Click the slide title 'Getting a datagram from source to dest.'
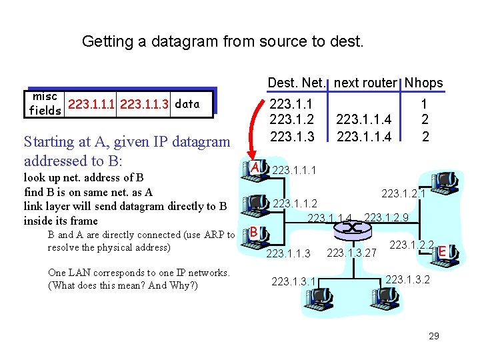223,42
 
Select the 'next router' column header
366,83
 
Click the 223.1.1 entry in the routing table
291,105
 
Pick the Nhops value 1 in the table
423,105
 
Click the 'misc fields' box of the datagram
45,103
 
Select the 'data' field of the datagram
187,103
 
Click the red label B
255,232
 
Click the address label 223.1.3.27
353,253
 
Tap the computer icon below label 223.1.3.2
407,303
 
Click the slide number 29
434,336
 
